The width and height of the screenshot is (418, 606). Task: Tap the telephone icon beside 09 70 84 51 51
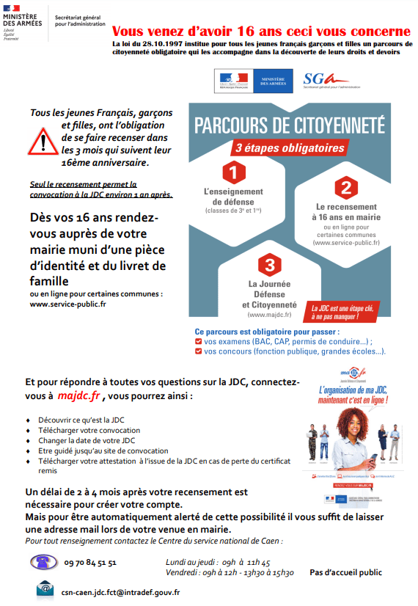point(43,562)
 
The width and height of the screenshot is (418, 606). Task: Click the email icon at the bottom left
point(45,588)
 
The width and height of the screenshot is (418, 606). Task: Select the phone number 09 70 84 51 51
point(90,563)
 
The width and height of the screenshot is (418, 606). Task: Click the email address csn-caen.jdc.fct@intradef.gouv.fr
point(120,591)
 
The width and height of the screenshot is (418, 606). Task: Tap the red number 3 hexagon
point(269,265)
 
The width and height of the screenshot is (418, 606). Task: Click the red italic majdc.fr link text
point(81,396)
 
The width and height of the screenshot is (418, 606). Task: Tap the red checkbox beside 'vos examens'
point(198,342)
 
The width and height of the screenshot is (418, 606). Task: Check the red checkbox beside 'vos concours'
point(198,351)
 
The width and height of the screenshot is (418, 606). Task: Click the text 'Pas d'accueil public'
point(345,572)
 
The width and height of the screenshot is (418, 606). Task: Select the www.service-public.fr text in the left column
point(67,303)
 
